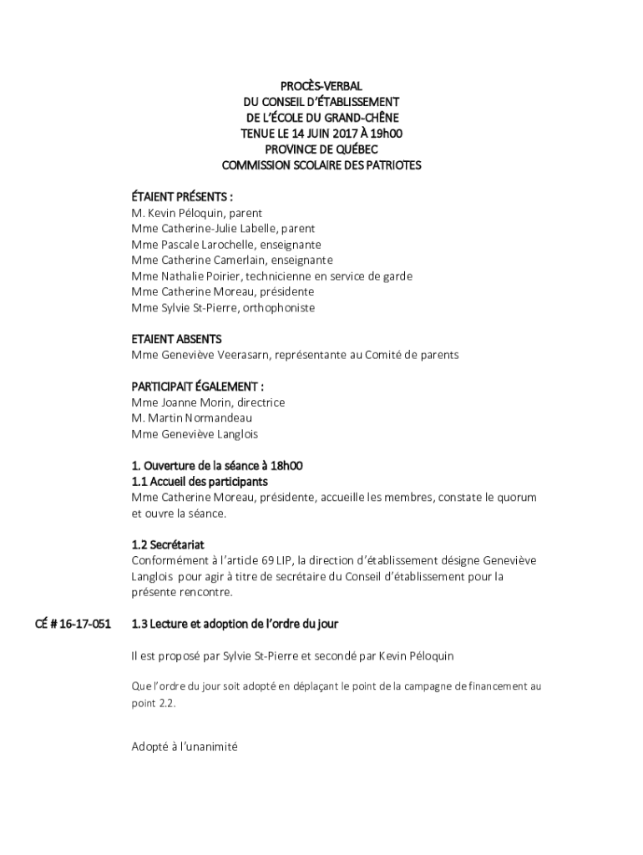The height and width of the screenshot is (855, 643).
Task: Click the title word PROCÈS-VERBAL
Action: point(321,86)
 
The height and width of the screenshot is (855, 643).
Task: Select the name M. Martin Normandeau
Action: point(191,418)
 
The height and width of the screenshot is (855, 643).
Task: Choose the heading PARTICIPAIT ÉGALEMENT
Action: point(198,387)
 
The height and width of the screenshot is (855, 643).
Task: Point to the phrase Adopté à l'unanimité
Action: point(185,747)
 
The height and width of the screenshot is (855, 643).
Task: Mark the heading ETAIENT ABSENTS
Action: point(176,339)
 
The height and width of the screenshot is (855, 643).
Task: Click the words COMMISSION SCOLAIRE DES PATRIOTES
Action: point(321,165)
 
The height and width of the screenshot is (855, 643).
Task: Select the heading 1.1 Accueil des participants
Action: point(200,482)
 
